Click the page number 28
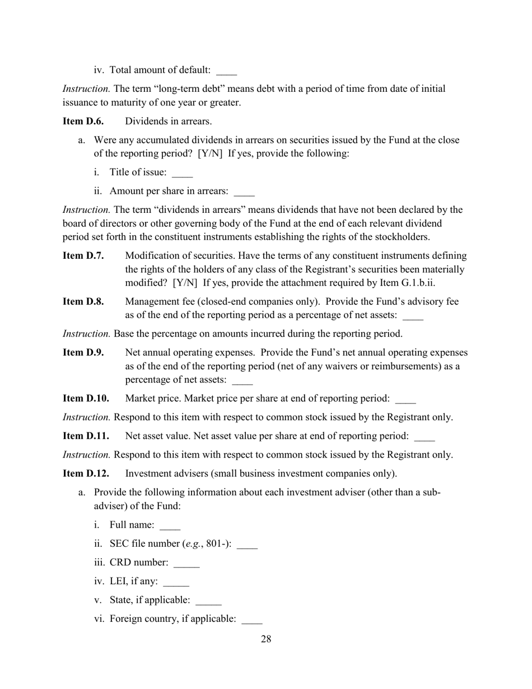(x=266, y=639)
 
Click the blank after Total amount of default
(x=226, y=72)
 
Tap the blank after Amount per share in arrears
(x=244, y=193)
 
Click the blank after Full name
(x=170, y=527)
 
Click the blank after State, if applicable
(x=209, y=602)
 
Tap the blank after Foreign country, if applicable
(x=251, y=621)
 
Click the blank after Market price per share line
(x=405, y=401)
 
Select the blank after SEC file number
(x=247, y=546)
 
